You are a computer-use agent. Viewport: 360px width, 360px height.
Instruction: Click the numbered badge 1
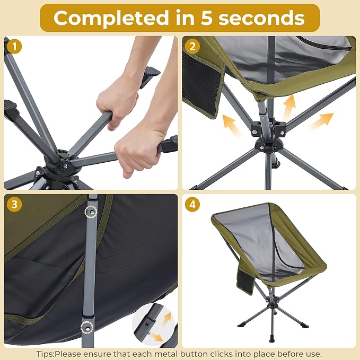pyautogui.click(x=14, y=46)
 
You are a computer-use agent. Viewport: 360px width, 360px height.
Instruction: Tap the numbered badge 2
pyautogui.click(x=192, y=46)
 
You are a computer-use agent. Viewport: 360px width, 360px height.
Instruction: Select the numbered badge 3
pyautogui.click(x=14, y=204)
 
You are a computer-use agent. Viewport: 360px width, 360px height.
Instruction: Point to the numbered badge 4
pyautogui.click(x=192, y=204)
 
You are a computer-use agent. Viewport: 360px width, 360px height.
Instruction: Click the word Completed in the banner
pyautogui.click(x=111, y=18)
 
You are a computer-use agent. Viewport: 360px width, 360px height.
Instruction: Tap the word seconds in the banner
pyautogui.click(x=261, y=19)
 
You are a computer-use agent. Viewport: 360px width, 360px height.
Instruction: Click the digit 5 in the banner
pyautogui.click(x=207, y=19)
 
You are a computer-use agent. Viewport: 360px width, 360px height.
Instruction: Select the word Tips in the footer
pyautogui.click(x=45, y=354)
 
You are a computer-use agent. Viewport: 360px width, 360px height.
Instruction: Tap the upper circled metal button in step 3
pyautogui.click(x=91, y=213)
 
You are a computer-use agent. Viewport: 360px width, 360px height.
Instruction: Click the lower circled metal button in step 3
pyautogui.click(x=87, y=328)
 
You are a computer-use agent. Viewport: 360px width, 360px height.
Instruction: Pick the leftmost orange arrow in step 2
pyautogui.click(x=231, y=125)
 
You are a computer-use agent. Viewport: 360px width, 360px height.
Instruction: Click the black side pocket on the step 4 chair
pyautogui.click(x=245, y=281)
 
